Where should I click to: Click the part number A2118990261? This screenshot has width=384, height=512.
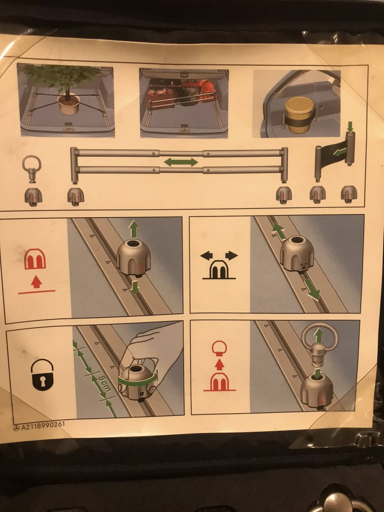click(43, 426)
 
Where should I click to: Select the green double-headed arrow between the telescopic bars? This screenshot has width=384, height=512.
click(181, 162)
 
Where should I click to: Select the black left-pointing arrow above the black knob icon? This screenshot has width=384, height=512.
click(206, 256)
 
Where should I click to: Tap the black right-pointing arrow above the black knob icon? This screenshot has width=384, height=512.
click(232, 256)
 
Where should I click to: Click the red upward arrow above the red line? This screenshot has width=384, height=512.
click(36, 282)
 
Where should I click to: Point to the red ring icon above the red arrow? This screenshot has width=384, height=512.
click(219, 348)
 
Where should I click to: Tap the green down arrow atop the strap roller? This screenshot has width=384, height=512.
click(350, 127)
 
